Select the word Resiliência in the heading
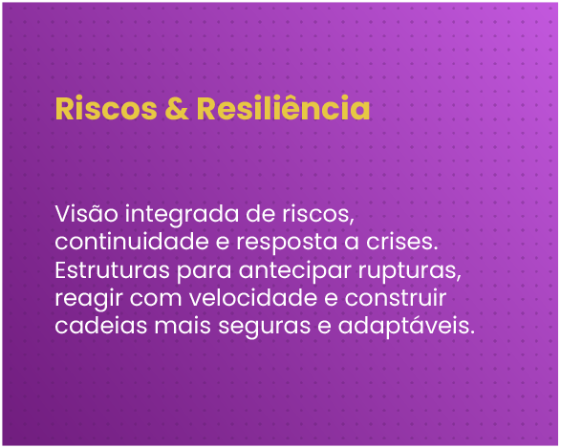pyautogui.click(x=283, y=108)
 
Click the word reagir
pyautogui.click(x=84, y=299)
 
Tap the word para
pyautogui.click(x=197, y=270)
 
